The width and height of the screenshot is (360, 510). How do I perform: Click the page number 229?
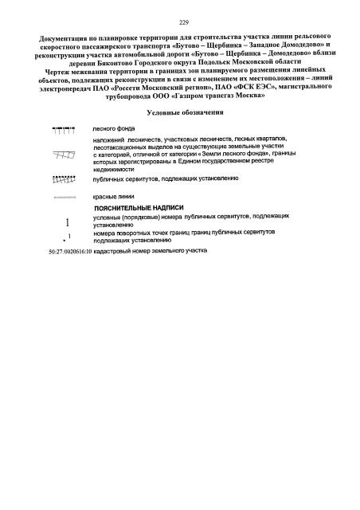[x=182, y=24]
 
